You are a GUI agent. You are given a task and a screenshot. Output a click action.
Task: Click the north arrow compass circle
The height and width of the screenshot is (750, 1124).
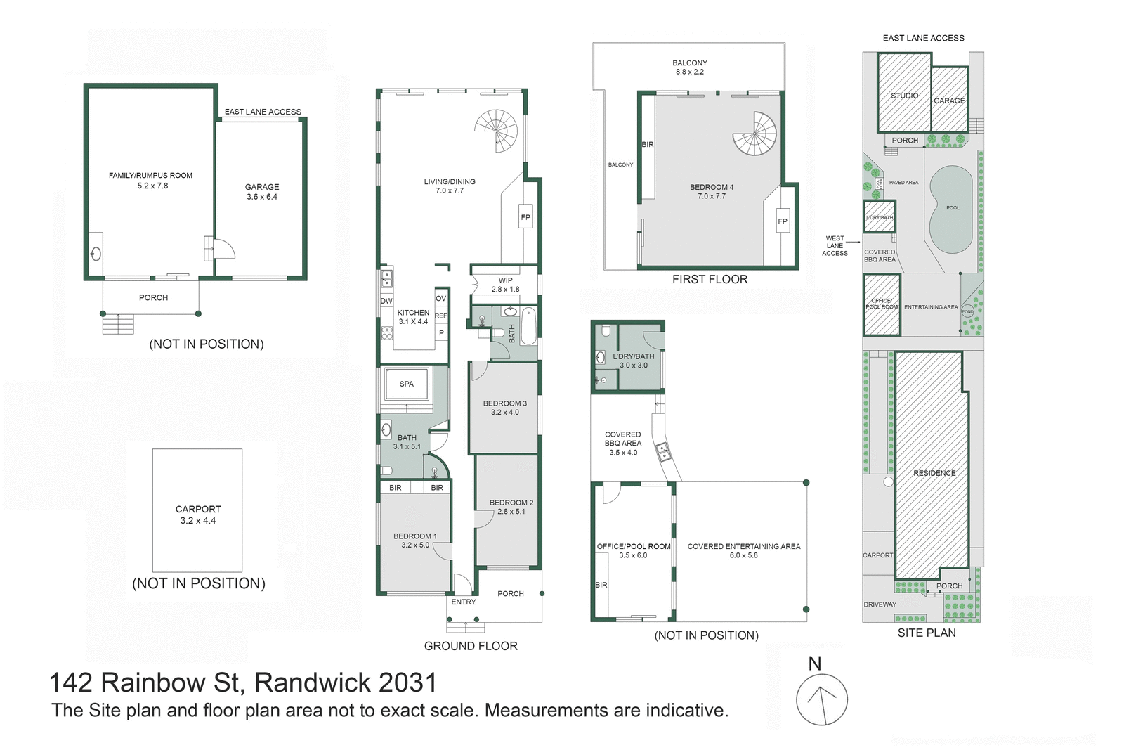821,699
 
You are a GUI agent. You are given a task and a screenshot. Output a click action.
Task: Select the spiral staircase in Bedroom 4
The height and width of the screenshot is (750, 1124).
754,134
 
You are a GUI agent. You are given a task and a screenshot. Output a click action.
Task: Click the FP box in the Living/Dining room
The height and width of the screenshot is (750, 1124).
525,217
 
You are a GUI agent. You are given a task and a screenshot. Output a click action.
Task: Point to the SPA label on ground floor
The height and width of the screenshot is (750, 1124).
407,384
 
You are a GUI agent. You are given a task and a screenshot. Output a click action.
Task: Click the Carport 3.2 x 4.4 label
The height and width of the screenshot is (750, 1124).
198,515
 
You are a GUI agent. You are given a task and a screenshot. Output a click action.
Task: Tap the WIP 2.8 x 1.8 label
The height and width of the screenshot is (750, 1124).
505,285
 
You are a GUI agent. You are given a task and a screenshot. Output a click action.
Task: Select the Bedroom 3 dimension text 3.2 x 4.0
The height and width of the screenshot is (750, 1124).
504,413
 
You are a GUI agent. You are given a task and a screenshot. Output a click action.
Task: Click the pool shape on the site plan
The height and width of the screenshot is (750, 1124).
951,209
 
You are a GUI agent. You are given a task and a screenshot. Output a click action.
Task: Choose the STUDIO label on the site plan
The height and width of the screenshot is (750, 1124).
904,96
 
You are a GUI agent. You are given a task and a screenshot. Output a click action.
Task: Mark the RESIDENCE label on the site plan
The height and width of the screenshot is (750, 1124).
934,473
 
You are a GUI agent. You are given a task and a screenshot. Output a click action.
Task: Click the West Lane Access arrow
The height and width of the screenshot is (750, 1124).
854,241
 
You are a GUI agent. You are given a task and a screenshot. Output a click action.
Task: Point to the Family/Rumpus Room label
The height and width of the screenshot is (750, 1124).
150,176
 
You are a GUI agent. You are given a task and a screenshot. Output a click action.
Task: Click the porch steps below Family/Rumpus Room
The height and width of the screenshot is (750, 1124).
117,324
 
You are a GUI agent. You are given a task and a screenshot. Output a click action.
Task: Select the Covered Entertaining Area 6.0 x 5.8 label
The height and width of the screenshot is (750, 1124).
743,550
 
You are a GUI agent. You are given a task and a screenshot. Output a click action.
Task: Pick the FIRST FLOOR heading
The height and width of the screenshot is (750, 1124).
710,279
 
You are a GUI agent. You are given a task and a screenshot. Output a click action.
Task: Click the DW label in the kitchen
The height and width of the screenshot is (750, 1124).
386,301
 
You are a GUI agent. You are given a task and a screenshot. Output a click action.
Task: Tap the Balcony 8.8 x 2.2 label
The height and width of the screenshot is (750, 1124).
689,67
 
